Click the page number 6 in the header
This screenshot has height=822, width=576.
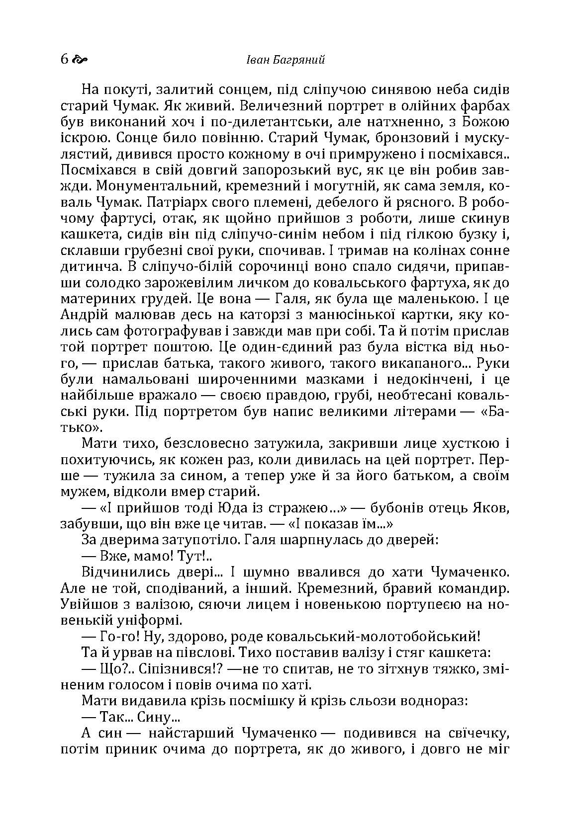64,60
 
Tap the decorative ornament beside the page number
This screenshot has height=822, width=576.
80,60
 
